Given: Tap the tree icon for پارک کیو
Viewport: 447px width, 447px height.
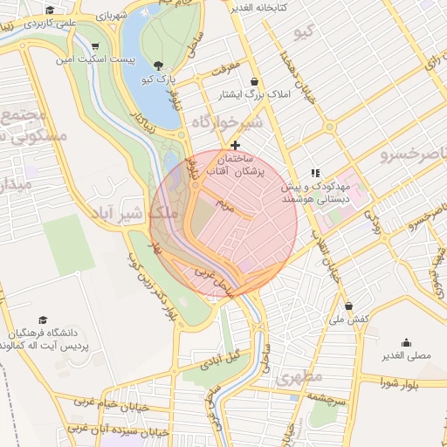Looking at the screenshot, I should pos(158,65).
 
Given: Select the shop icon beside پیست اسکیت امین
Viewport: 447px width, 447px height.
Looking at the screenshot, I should pos(95,46).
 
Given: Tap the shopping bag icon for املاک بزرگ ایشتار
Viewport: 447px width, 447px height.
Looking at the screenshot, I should pos(254,81).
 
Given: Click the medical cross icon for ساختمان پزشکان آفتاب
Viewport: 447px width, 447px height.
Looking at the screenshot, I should pos(234,144).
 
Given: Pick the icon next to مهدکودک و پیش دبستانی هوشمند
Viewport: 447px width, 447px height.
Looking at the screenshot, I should pos(315,174).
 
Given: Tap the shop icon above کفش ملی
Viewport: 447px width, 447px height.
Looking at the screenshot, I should pos(349,306).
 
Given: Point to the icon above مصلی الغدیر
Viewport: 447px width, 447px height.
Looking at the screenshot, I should pos(406,342).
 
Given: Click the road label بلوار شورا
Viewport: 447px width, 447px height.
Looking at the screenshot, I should pos(402,382).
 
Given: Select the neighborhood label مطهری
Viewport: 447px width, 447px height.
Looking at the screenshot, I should pos(300,378).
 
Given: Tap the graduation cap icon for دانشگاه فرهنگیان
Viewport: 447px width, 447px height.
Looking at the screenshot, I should pos(43,321).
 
